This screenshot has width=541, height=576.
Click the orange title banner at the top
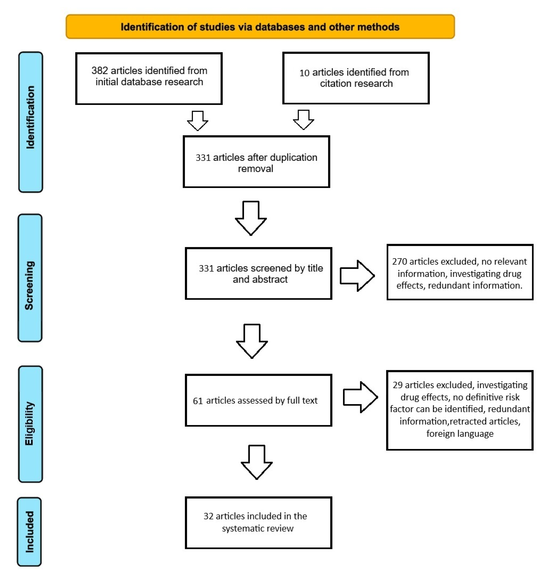pos(260,27)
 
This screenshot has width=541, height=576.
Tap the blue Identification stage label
pos(30,122)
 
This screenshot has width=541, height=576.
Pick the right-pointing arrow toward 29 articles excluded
pos(360,397)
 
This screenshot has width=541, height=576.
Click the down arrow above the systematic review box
pos(257,462)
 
